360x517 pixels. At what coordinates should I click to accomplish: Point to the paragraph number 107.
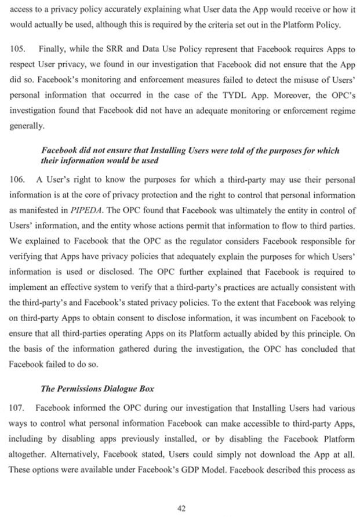[18, 407]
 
